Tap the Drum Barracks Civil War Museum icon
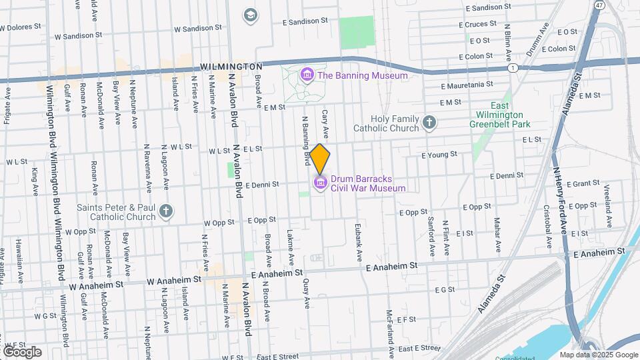click(x=320, y=182)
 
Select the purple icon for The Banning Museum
click(x=307, y=75)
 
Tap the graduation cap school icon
click(x=251, y=15)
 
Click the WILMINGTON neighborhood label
click(x=231, y=67)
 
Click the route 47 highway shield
click(x=600, y=5)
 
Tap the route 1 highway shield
click(x=511, y=68)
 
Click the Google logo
click(x=22, y=351)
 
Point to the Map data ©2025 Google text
click(x=598, y=355)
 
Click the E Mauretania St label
click(x=467, y=85)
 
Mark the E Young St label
click(x=439, y=154)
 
